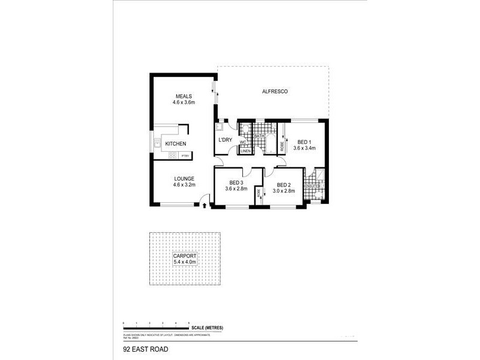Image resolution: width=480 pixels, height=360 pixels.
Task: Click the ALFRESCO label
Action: click(x=276, y=91)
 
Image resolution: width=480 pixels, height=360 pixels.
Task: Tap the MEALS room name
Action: click(x=184, y=96)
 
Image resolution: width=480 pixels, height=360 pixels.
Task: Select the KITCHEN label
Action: click(x=176, y=144)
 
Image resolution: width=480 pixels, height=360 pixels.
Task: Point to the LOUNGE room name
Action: click(x=184, y=179)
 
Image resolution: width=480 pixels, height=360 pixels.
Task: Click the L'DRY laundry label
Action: click(x=225, y=140)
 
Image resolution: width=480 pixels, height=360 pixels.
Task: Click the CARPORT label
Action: click(x=185, y=256)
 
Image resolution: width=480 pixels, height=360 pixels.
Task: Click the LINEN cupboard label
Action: click(x=245, y=151)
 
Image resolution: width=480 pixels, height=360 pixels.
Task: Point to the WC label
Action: click(x=244, y=142)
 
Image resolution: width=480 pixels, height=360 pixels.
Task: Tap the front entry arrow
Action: click(x=205, y=206)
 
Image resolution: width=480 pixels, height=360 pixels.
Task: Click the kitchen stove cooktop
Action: click(x=173, y=156)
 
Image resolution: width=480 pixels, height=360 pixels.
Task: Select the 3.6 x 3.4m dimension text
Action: click(x=305, y=148)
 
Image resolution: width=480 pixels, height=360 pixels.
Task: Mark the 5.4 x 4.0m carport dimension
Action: click(x=185, y=262)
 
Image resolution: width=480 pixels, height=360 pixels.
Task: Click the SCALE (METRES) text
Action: click(x=208, y=328)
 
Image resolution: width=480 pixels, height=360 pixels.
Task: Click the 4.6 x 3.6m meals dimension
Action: click(x=184, y=103)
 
